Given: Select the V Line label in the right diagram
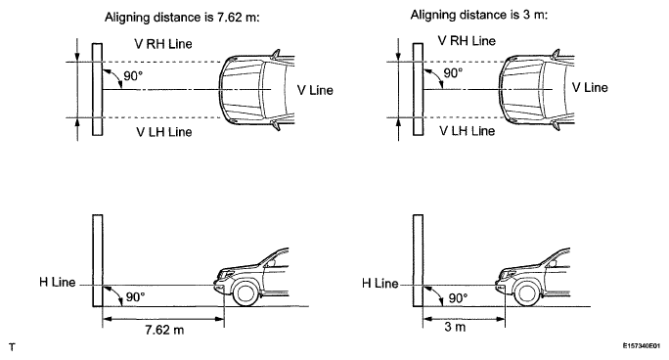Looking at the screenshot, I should pos(590,87).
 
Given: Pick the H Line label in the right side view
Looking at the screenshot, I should pos(380,283).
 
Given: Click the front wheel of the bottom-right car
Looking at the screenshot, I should pos(530,291).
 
